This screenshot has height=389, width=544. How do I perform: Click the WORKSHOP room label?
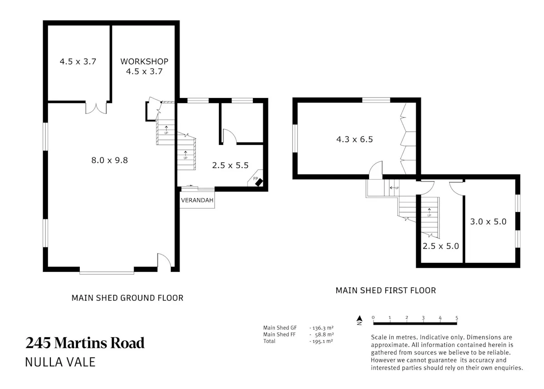144,62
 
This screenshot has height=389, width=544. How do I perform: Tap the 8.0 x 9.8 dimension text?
110,160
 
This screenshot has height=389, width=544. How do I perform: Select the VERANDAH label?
197,200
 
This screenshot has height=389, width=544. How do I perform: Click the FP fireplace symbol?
257,181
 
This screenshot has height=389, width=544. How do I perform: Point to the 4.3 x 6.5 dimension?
355,139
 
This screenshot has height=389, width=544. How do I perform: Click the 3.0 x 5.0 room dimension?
488,222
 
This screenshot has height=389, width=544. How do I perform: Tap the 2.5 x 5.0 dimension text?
441,246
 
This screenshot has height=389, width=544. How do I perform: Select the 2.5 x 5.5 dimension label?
230,165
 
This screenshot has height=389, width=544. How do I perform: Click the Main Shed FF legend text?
280,335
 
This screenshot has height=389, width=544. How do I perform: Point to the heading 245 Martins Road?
85,343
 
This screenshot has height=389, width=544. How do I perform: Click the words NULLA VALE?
60,362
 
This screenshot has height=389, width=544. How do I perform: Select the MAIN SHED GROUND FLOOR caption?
127,298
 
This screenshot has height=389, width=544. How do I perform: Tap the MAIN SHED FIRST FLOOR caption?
386,291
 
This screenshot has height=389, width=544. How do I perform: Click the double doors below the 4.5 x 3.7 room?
96,108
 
